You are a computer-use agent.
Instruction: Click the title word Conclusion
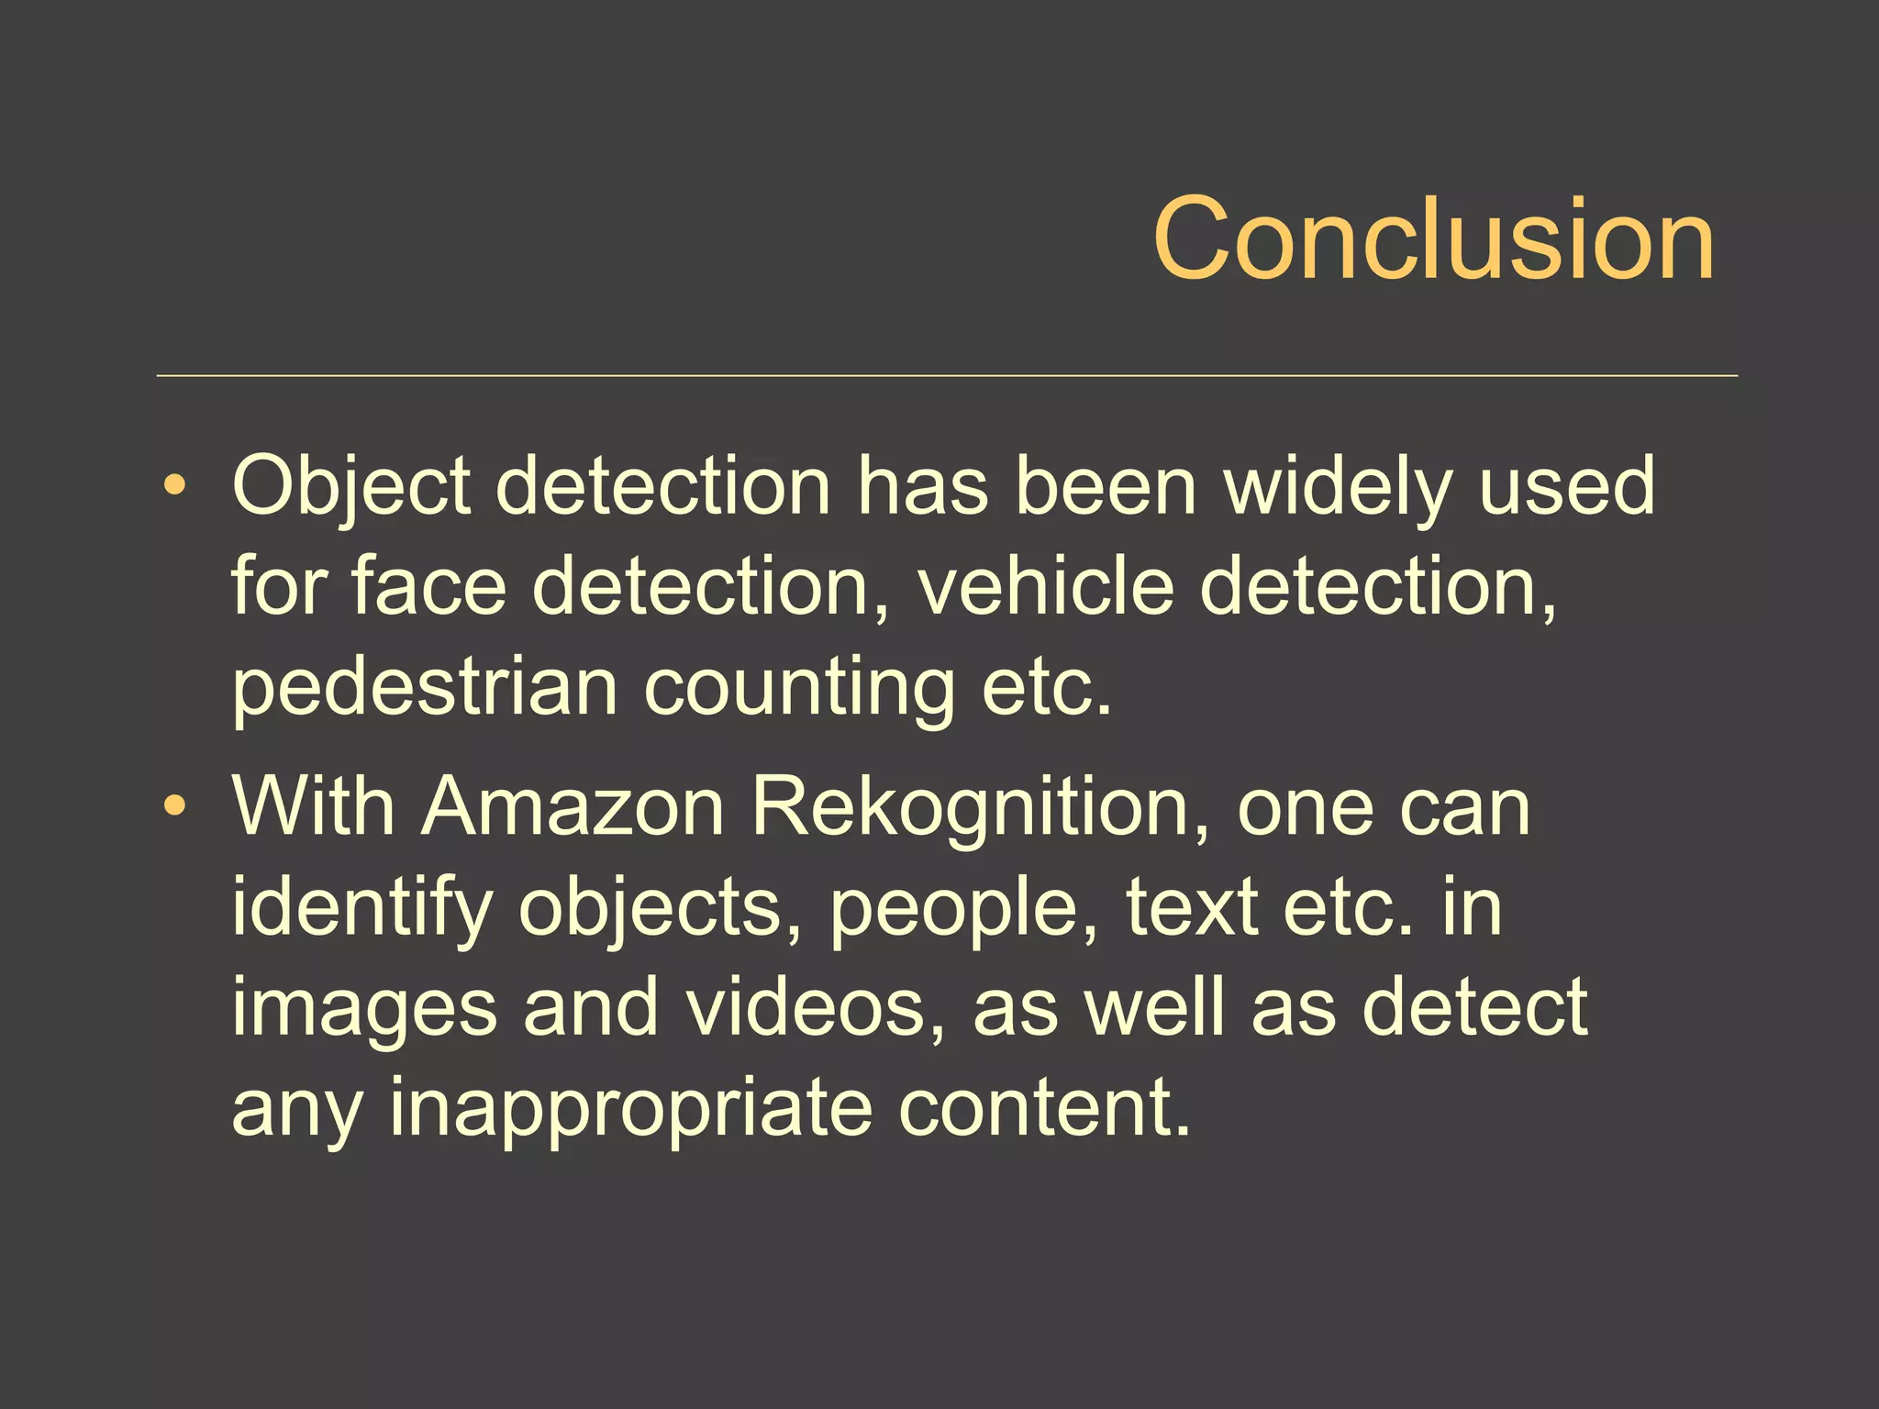tap(1433, 239)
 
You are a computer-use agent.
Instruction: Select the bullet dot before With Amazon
tap(174, 806)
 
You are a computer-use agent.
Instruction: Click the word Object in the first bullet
tap(351, 487)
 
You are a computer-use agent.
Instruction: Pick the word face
tap(428, 587)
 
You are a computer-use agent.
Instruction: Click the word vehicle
tap(1046, 587)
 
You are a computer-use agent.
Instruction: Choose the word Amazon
tap(573, 807)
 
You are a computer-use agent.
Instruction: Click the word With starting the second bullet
tap(313, 807)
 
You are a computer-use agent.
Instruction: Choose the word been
tap(1106, 487)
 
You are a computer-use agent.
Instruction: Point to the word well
tap(1154, 1007)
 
